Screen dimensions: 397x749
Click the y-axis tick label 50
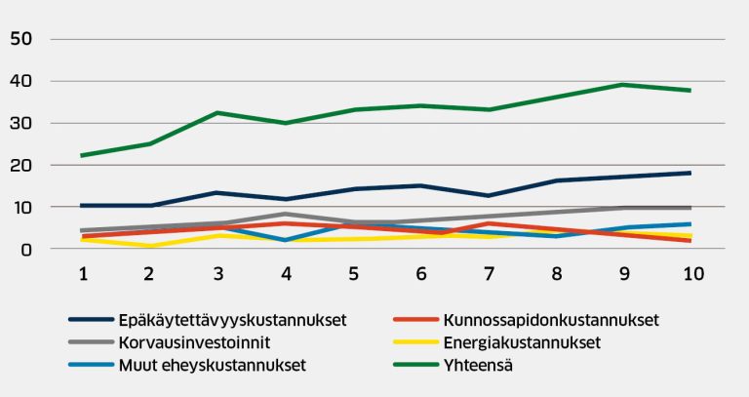20,40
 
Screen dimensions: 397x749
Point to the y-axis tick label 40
20,82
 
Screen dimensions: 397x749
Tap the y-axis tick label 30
20,124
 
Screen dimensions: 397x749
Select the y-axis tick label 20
20,166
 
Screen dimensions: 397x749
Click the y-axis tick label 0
27,250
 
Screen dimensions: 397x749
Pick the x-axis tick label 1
84,276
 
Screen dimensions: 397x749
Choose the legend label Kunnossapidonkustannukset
551,319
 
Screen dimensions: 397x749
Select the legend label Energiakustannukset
522,342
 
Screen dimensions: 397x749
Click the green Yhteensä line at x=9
624,85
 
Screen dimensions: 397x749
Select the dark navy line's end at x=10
690,173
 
